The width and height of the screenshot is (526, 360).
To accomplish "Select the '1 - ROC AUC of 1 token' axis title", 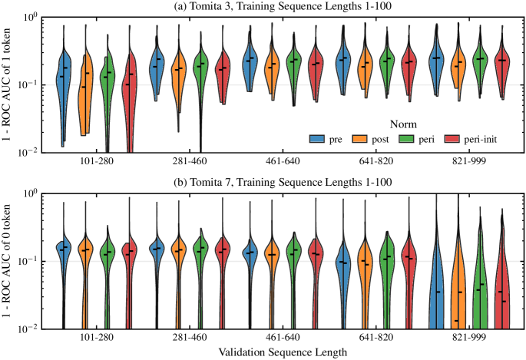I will point(9,84).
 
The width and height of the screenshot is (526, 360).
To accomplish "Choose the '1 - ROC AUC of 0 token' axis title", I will point(9,260).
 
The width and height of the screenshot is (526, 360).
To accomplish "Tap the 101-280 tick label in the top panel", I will point(97,163).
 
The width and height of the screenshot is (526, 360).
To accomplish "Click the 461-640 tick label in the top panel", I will point(284,163).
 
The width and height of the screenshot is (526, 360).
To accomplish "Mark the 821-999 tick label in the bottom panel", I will point(470,337).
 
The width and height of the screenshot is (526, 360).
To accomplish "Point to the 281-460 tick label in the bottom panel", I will point(190,337).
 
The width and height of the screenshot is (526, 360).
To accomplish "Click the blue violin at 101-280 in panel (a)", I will point(65,84).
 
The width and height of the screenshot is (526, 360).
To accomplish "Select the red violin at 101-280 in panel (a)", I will point(129,88).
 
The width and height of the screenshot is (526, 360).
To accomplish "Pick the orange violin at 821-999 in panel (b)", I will point(459,284).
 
